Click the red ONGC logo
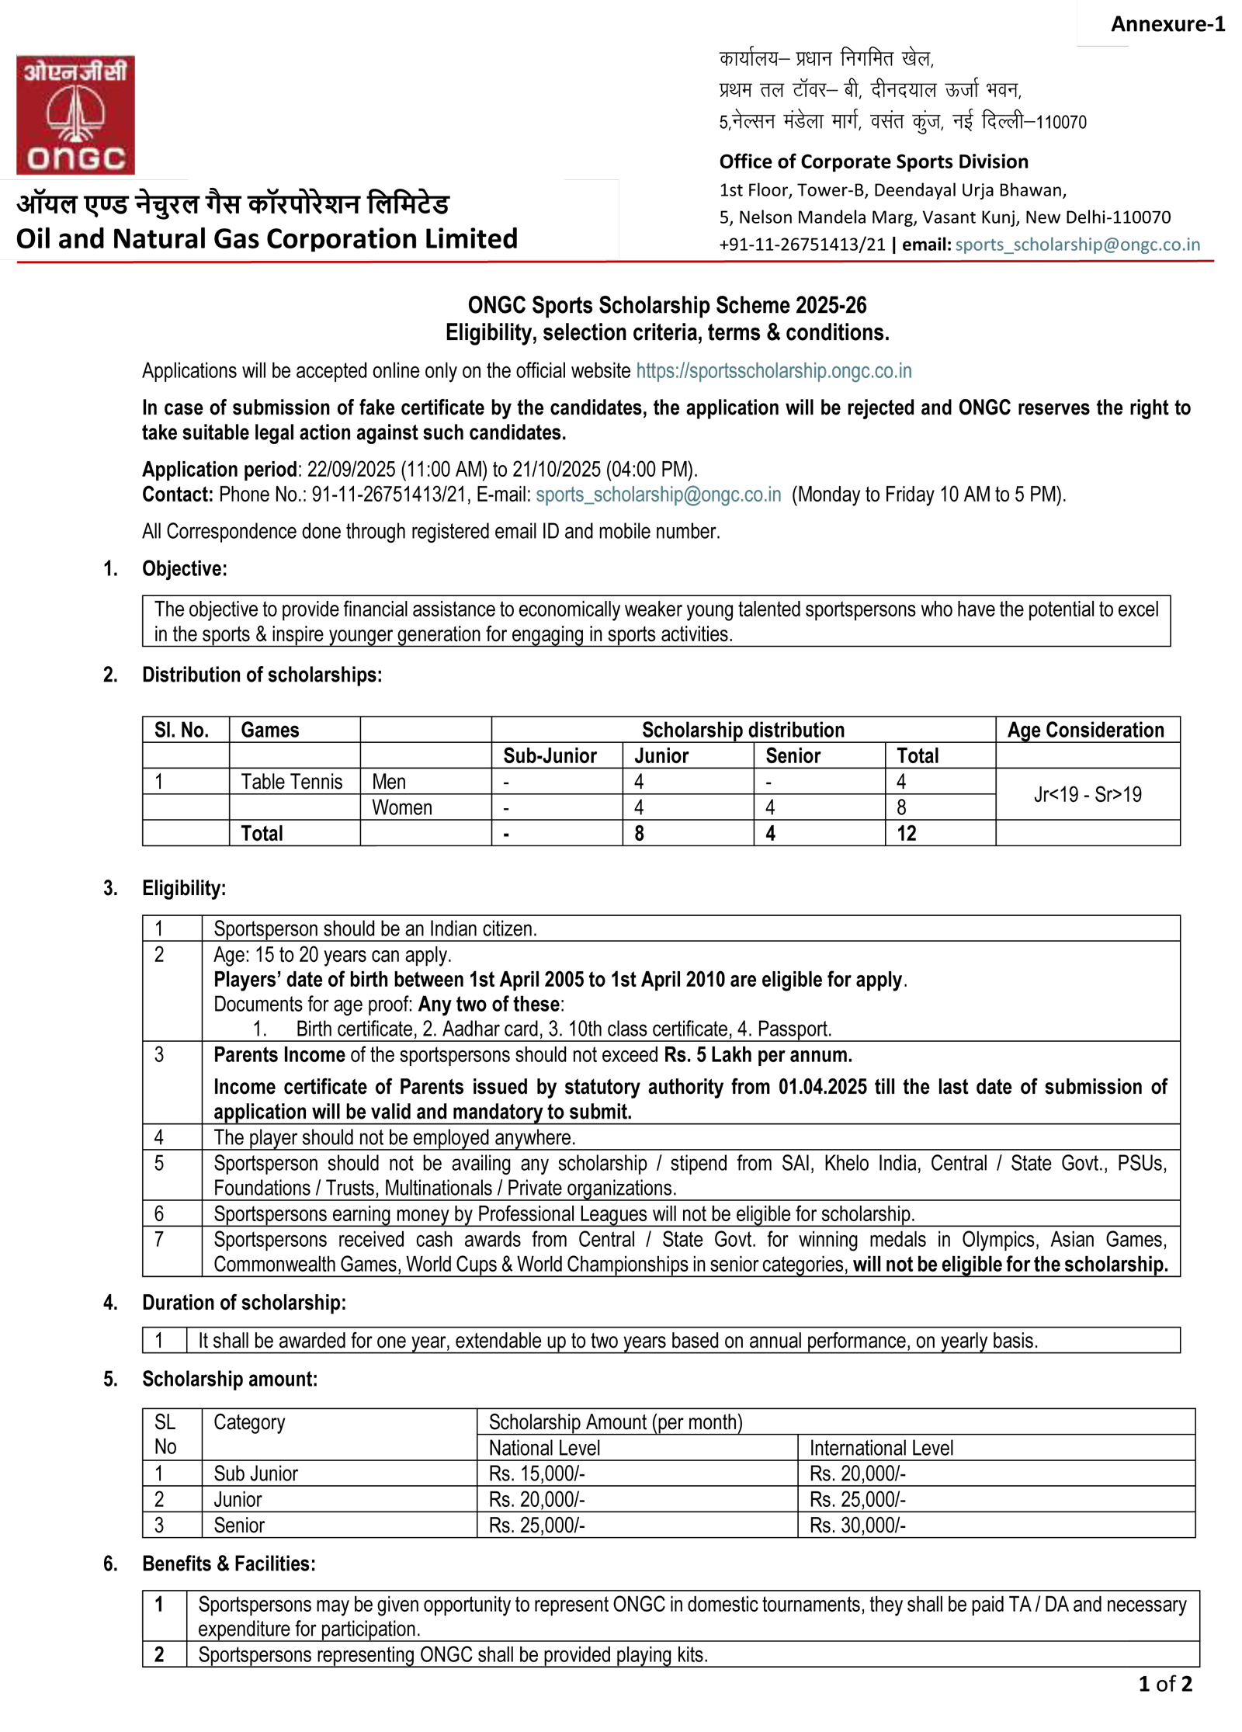pyautogui.click(x=75, y=115)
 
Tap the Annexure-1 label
pyautogui.click(x=1167, y=24)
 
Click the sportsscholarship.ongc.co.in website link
pyautogui.click(x=773, y=371)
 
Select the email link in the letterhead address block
pyautogui.click(x=1077, y=245)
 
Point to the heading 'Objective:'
pyautogui.click(x=184, y=568)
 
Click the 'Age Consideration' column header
pyautogui.click(x=1085, y=730)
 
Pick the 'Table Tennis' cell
pyautogui.click(x=291, y=782)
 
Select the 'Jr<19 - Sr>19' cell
pyautogui.click(x=1087, y=794)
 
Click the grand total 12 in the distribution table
pyautogui.click(x=906, y=834)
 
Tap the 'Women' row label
pyautogui.click(x=401, y=807)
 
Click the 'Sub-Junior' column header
pyautogui.click(x=550, y=755)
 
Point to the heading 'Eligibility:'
pyautogui.click(x=184, y=888)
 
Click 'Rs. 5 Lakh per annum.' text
pyautogui.click(x=758, y=1055)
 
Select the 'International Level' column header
pyautogui.click(x=881, y=1448)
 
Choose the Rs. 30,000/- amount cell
pyautogui.click(x=857, y=1525)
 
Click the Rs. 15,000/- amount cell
pyautogui.click(x=536, y=1473)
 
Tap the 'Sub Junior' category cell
pyautogui.click(x=255, y=1473)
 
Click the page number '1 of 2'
pyautogui.click(x=1164, y=1683)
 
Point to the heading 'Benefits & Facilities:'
pyautogui.click(x=228, y=1564)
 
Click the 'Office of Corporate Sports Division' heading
pyautogui.click(x=873, y=161)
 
